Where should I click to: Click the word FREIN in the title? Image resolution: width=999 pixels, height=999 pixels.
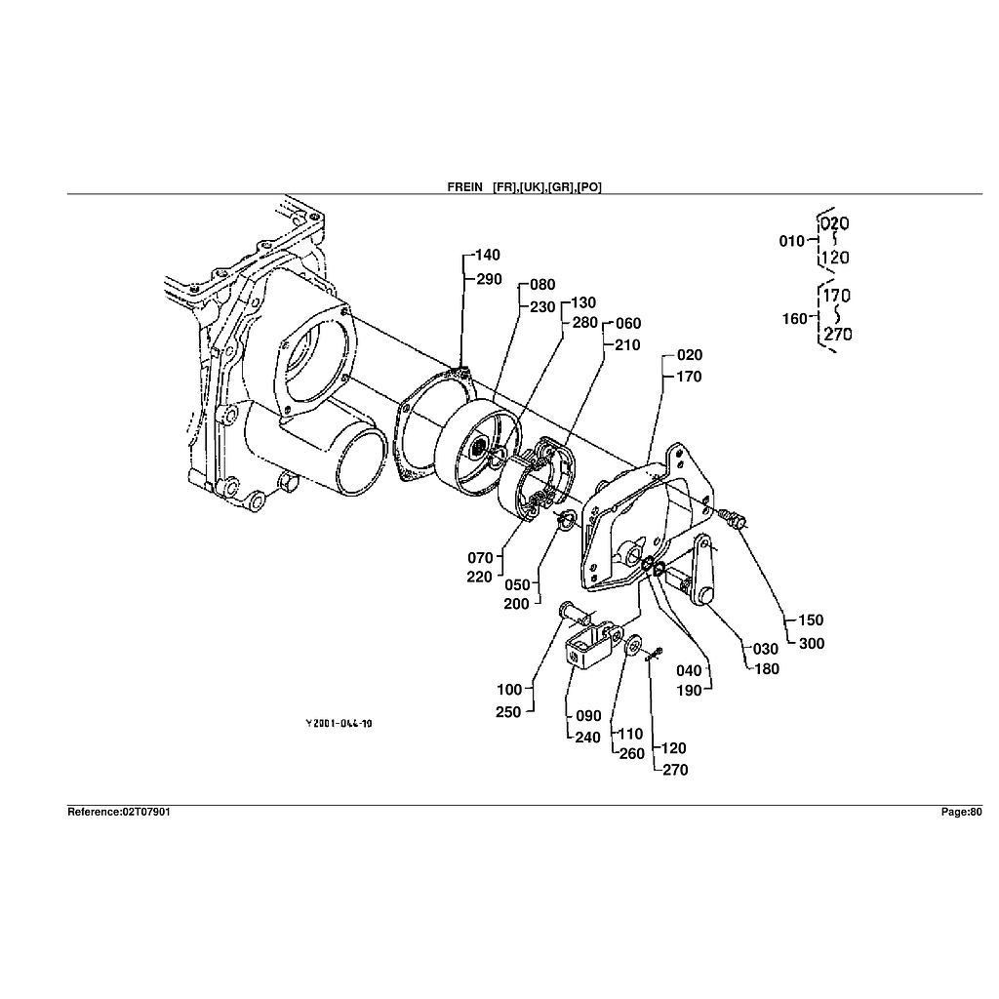(465, 186)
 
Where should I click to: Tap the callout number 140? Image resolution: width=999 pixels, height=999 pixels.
(488, 255)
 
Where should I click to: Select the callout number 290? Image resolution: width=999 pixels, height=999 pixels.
(489, 279)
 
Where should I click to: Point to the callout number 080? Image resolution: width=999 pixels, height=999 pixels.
(542, 284)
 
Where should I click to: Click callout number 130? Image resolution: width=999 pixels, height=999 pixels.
(583, 302)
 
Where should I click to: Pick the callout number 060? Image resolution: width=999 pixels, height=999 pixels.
(628, 324)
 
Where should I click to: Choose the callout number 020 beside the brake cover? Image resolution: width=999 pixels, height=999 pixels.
(690, 355)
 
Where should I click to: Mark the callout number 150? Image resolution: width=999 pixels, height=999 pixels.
(811, 619)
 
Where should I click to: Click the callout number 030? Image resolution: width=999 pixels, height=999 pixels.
(766, 649)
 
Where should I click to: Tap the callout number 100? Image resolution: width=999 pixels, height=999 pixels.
(509, 690)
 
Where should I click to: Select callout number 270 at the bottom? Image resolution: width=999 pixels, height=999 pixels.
(675, 770)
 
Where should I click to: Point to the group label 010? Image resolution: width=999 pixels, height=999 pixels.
(792, 241)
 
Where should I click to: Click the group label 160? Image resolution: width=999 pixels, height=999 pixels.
(795, 318)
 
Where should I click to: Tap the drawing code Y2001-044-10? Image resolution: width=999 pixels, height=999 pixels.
(339, 723)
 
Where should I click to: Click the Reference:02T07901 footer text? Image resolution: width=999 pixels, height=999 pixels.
(118, 812)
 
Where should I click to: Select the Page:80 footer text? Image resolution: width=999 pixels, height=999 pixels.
(961, 812)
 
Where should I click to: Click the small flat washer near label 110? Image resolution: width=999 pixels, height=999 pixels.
(633, 645)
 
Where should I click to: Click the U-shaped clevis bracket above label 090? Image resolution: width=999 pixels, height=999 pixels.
(589, 645)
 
